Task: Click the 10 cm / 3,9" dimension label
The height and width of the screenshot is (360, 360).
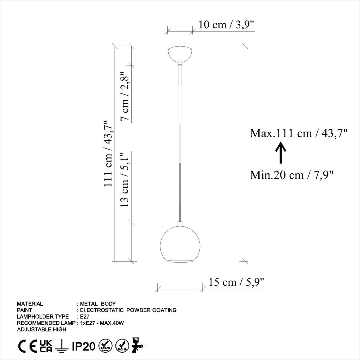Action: click(227, 25)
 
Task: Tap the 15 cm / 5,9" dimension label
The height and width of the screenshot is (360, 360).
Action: click(236, 282)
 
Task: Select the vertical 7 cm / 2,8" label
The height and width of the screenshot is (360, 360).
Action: click(126, 97)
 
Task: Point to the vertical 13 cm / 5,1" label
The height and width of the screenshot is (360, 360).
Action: click(126, 179)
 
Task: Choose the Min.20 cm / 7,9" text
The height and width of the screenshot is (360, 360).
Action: click(292, 175)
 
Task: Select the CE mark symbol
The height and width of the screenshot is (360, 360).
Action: click(26, 347)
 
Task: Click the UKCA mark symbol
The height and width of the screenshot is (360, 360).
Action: click(46, 346)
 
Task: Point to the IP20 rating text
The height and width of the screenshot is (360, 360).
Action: click(84, 347)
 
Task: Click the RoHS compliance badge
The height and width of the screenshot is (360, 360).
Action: click(122, 346)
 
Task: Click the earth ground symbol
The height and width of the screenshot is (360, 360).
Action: click(62, 347)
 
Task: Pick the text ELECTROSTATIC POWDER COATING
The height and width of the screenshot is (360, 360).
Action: click(128, 310)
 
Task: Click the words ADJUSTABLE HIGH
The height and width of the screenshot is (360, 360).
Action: click(41, 330)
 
